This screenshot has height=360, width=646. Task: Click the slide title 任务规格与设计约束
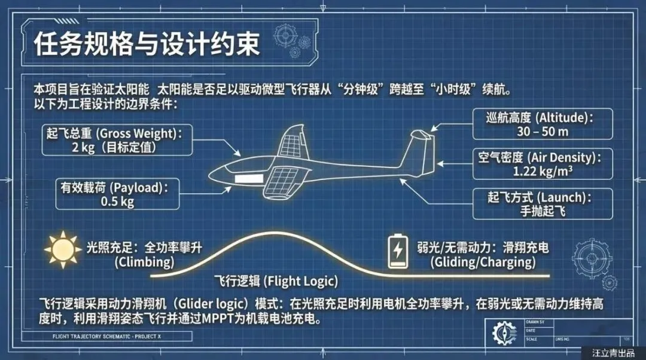pos(147,45)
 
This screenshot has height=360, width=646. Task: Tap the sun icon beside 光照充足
pos(62,251)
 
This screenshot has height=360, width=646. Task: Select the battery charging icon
pos(397,251)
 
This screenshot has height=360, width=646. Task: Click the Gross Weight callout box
pos(111,139)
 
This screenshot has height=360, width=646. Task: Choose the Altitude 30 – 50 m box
pos(542,124)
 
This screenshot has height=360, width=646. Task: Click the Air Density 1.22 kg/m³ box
pos(542,164)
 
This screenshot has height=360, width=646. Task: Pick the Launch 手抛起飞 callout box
pos(542,204)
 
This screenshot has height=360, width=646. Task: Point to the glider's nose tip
pos(211,175)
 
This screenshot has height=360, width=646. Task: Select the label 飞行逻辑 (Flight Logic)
pos(276,281)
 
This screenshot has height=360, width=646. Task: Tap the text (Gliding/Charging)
pos(483,262)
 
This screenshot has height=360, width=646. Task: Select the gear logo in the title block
pos(504,332)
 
